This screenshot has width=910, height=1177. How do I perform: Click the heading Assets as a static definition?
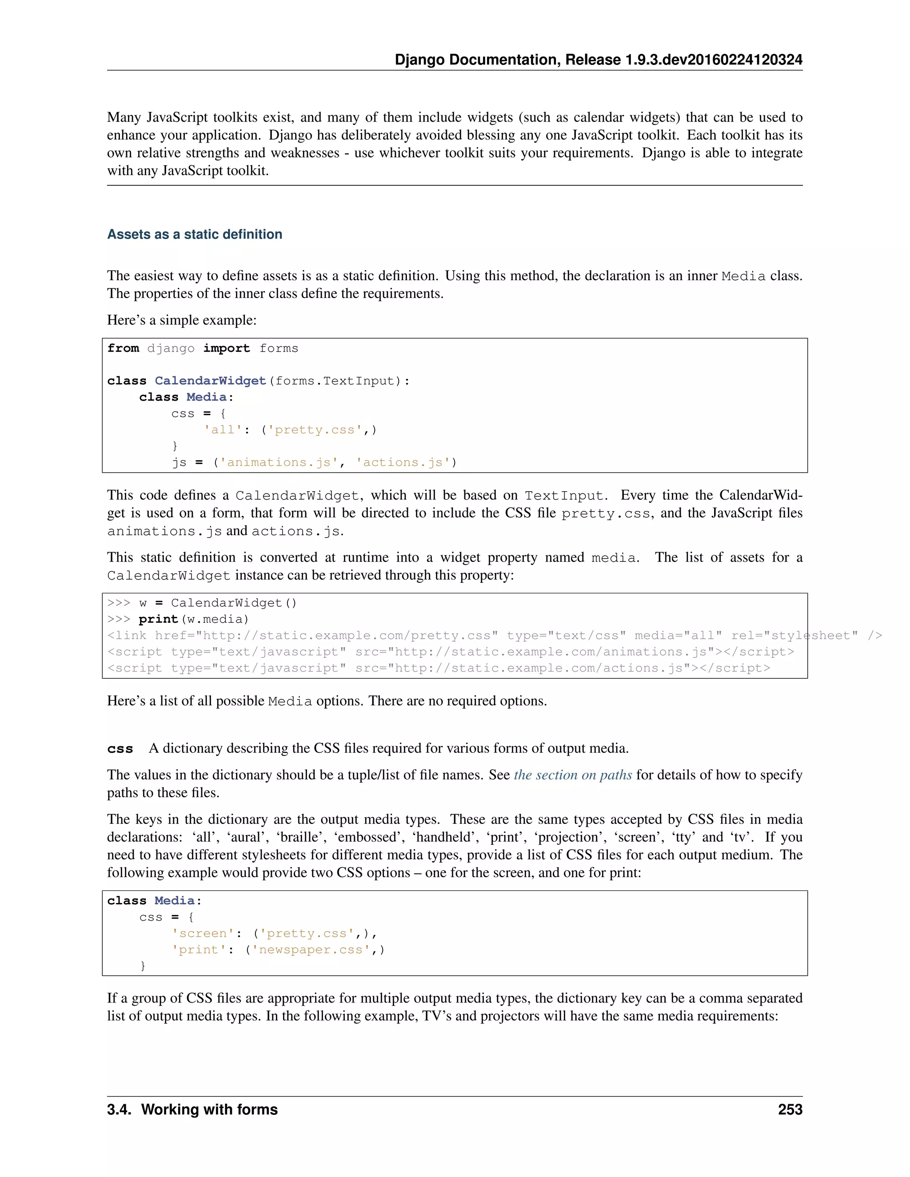(195, 235)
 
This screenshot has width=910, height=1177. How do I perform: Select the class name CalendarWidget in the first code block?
(210, 381)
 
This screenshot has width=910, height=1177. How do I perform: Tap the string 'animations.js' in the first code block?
(278, 462)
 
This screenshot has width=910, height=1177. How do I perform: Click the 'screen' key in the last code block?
(203, 934)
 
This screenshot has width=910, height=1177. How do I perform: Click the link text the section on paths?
(572, 775)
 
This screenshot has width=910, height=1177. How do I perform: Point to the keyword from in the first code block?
(123, 349)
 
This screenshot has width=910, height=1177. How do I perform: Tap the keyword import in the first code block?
(227, 349)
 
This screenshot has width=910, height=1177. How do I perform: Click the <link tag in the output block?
(127, 636)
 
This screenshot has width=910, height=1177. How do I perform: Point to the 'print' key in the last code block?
(199, 950)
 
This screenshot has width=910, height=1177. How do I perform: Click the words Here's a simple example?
(182, 320)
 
